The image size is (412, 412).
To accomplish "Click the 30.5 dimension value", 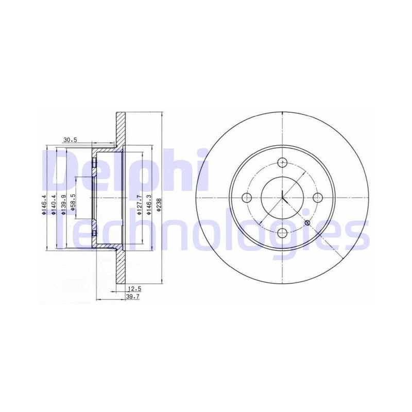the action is pos(70,140).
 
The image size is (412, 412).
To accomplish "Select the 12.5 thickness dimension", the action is pos(134,289).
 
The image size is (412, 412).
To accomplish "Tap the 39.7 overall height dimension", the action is pos(132,297).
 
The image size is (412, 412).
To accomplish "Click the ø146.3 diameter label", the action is pos(148,204).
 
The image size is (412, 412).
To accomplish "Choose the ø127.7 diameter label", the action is pos(139,204).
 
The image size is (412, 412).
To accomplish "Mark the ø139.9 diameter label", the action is pos(63,204).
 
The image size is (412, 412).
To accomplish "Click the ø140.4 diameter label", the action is pos(54,204).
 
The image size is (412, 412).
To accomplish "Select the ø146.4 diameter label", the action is pos(44,204).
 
